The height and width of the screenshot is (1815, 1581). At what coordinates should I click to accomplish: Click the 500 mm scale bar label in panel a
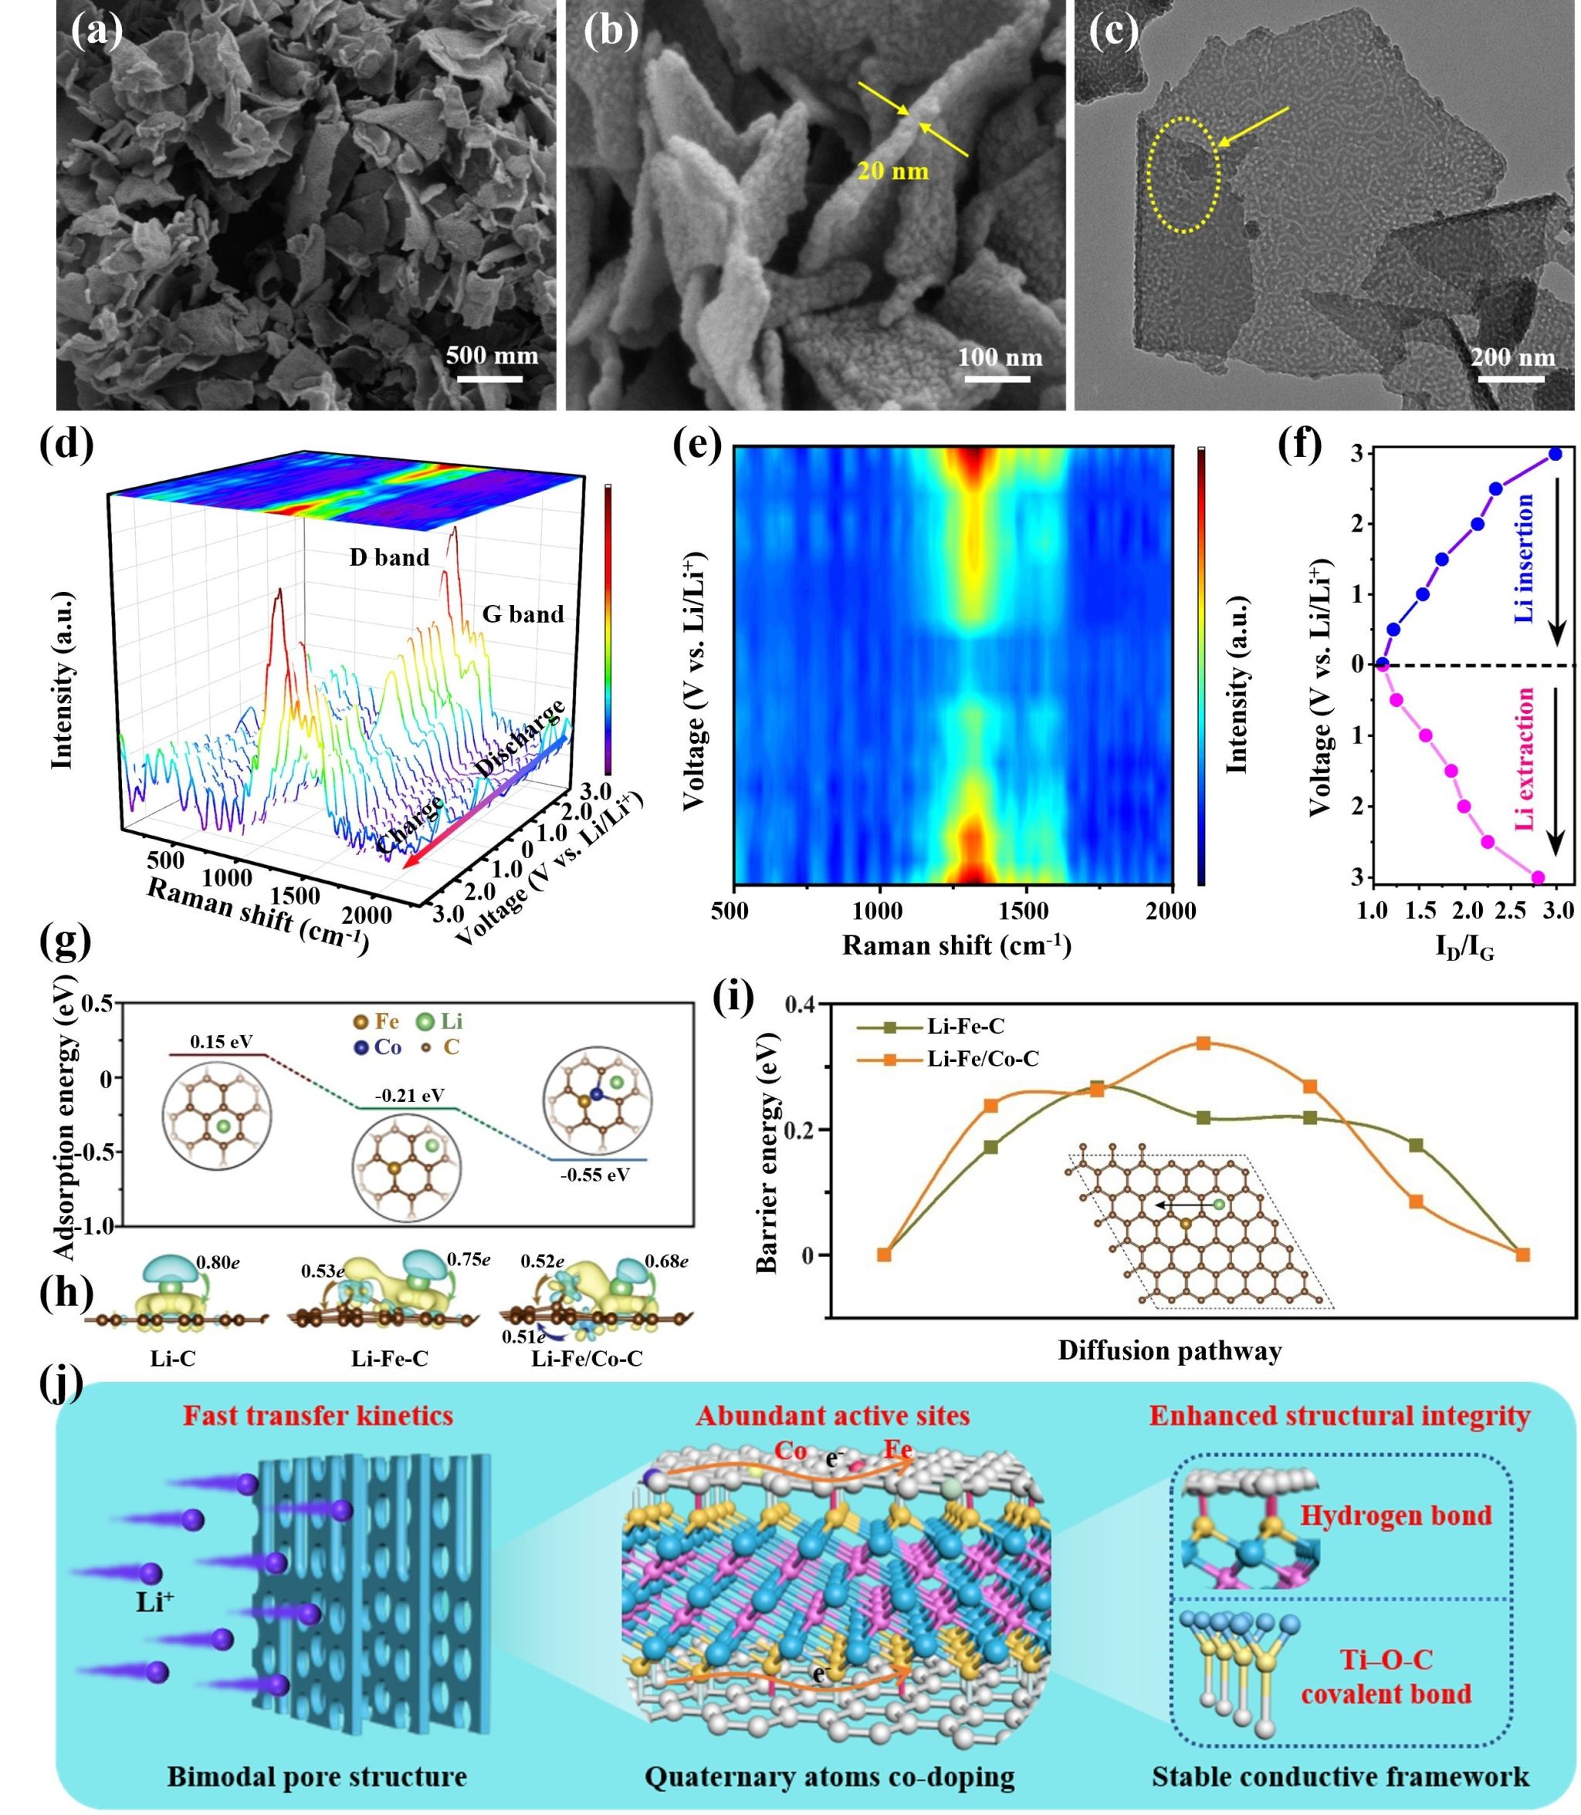point(492,357)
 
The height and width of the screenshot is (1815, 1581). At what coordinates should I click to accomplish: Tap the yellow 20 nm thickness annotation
point(893,171)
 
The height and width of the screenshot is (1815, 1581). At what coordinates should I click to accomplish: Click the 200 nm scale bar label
point(1512,357)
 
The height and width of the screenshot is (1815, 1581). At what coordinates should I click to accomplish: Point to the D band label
point(389,557)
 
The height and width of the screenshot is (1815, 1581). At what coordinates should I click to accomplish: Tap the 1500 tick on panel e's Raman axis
point(1024,912)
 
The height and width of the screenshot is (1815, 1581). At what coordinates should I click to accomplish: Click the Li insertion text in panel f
point(1524,558)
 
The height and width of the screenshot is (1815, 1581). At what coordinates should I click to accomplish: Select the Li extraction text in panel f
point(1524,759)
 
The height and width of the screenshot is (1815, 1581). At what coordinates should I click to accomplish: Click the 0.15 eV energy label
point(221,1042)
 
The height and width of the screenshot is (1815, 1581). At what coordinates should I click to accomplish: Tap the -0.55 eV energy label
point(594,1175)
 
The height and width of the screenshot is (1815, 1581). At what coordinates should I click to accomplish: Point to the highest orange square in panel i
point(1204,1043)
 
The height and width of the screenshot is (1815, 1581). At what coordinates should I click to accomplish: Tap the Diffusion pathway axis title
point(1170,1351)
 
